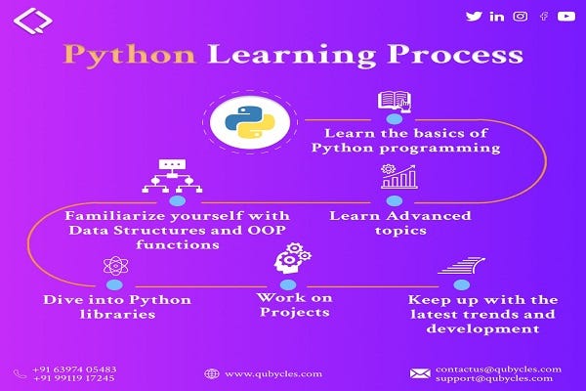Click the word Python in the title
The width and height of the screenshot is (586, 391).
point(126,56)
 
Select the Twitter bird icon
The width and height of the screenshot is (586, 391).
point(474,16)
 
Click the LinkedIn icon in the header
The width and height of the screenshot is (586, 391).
point(497,16)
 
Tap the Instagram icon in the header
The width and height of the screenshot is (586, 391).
point(521,16)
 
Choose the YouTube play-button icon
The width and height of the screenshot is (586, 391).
point(565,16)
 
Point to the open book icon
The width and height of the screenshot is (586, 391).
point(393,100)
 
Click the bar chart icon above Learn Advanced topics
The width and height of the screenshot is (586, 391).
point(398,177)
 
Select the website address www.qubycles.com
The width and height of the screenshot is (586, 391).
point(261,373)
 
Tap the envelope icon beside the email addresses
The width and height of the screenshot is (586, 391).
point(420,373)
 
